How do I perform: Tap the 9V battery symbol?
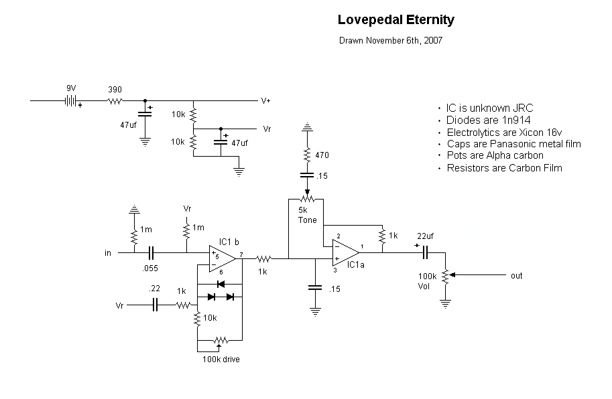click(69, 101)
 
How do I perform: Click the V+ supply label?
click(266, 101)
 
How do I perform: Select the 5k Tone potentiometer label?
click(308, 215)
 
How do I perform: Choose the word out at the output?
click(516, 276)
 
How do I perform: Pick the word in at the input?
click(108, 253)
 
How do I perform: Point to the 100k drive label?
click(221, 360)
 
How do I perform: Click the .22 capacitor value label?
click(155, 290)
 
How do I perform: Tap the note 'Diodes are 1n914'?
click(489, 121)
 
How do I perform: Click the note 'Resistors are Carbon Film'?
click(504, 168)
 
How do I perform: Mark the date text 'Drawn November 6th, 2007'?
click(391, 40)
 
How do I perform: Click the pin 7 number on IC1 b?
click(240, 254)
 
